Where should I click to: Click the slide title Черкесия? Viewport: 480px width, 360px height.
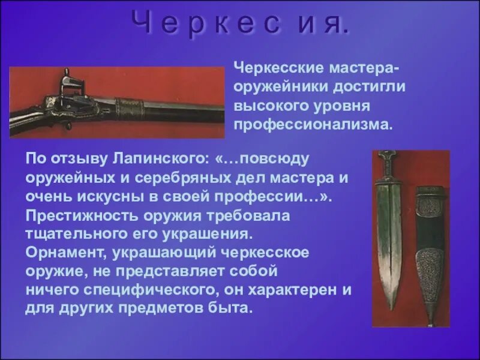click(x=239, y=24)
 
